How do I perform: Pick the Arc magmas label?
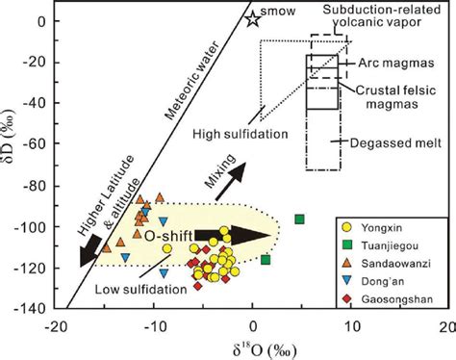pyautogui.click(x=393, y=63)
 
